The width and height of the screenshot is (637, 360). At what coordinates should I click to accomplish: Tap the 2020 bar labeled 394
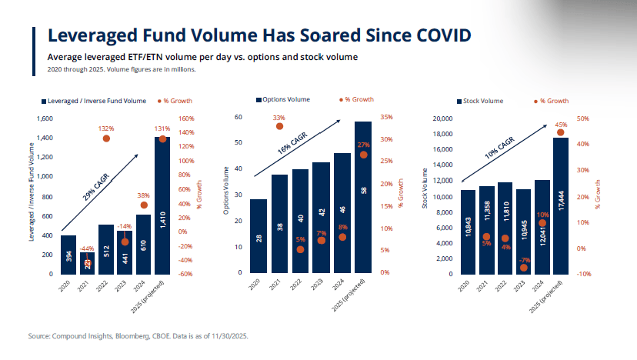coord(68,255)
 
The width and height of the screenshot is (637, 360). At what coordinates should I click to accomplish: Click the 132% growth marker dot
coord(106,138)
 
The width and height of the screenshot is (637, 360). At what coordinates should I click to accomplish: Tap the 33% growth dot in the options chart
coord(279,126)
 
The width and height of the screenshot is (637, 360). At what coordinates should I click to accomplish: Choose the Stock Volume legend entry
coord(484,101)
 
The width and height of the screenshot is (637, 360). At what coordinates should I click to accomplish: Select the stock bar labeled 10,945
coord(524,231)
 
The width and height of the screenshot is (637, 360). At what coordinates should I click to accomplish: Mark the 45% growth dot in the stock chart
coord(560,132)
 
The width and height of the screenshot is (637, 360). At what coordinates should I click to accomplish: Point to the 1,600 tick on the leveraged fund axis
coord(44,118)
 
